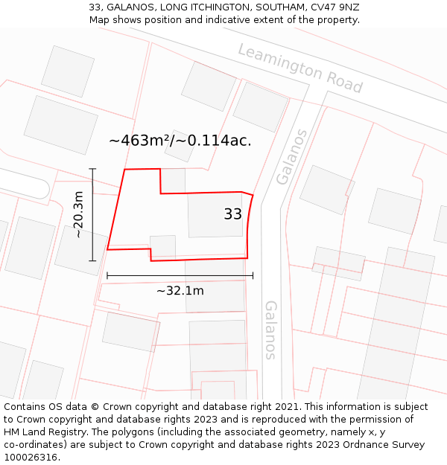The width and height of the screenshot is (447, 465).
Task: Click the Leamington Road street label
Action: point(299,68)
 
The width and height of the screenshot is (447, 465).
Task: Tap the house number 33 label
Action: point(232,214)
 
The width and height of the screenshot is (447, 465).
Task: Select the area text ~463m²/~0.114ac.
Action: point(180,140)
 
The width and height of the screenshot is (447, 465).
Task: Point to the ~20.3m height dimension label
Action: point(78,214)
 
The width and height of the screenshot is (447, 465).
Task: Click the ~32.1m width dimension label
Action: point(180,291)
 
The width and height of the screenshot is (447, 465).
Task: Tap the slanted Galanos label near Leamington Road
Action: point(292,157)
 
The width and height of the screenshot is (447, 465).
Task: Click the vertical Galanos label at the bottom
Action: point(270,330)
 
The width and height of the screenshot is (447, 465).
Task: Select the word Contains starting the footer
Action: point(25,407)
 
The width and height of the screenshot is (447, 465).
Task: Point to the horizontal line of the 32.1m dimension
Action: point(180,275)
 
